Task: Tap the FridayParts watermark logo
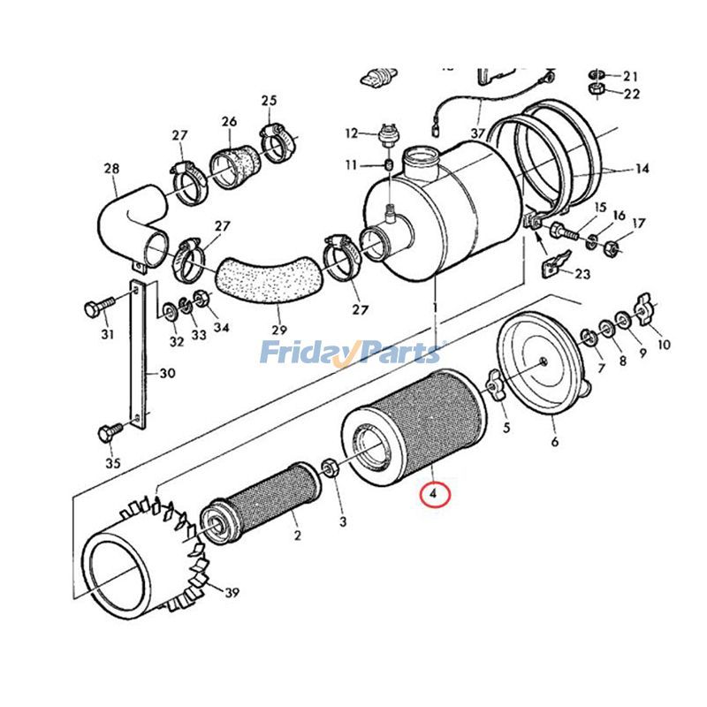pyautogui.click(x=350, y=354)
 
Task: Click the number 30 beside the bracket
pyautogui.click(x=167, y=374)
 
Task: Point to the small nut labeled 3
pyautogui.click(x=327, y=467)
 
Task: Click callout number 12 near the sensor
pyautogui.click(x=350, y=133)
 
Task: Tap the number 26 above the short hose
pyautogui.click(x=229, y=121)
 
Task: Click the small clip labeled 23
pyautogui.click(x=553, y=262)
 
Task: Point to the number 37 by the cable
pyautogui.click(x=478, y=133)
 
